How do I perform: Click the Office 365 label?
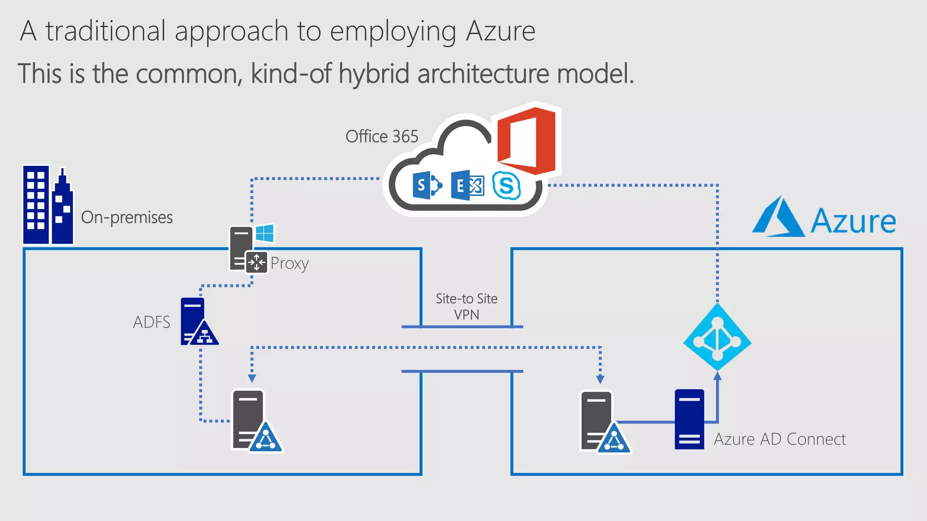382,137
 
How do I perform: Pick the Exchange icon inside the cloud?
467,185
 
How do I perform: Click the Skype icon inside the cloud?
506,185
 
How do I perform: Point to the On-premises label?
127,218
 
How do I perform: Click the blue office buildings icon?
48,206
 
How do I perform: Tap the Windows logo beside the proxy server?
265,233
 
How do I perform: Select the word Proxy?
290,263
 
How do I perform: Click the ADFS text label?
151,322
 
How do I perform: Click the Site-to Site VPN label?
466,307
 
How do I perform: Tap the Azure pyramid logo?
779,218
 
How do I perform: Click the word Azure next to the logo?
853,222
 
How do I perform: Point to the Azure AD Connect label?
779,439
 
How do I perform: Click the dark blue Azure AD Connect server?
689,419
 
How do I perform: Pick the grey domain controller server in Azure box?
600,422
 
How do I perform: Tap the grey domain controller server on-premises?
252,421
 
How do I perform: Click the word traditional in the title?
106,32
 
